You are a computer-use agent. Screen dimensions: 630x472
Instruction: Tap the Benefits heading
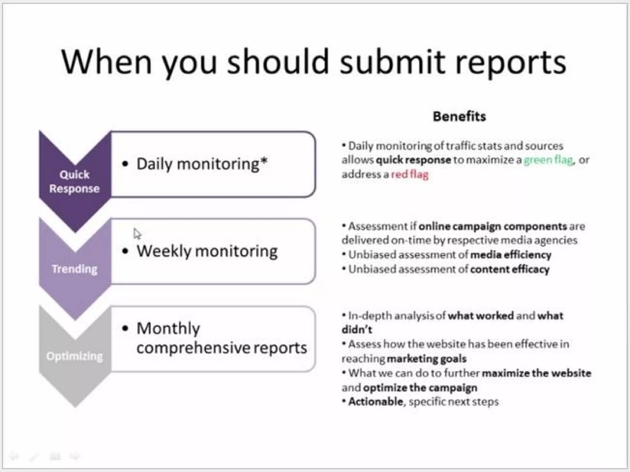pos(459,116)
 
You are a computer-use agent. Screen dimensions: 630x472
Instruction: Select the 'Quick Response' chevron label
pos(74,181)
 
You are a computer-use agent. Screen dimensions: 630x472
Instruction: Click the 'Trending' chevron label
pos(74,269)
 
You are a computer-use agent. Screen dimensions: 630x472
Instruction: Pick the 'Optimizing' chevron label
pos(74,356)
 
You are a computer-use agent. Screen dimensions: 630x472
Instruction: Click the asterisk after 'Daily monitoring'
pos(264,161)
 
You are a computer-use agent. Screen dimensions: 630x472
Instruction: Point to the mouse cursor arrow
pos(137,234)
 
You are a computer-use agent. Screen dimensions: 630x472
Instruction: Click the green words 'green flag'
pos(548,160)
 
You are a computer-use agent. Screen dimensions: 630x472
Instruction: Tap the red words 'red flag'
pos(410,174)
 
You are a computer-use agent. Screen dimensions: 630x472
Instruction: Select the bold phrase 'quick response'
pos(413,160)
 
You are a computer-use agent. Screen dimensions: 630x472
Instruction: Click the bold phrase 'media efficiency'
pos(511,255)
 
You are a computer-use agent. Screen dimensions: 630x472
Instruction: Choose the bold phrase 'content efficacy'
pos(510,269)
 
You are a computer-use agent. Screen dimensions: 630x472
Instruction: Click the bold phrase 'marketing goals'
pos(427,359)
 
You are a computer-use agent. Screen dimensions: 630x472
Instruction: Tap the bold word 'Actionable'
pos(376,402)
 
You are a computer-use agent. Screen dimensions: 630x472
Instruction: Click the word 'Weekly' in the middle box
pos(164,251)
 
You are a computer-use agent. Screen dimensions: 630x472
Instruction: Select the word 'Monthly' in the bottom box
pos(168,329)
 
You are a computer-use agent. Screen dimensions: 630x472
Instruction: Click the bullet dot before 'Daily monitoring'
pos(125,164)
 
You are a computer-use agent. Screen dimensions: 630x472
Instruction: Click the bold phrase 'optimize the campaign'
pos(420,387)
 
